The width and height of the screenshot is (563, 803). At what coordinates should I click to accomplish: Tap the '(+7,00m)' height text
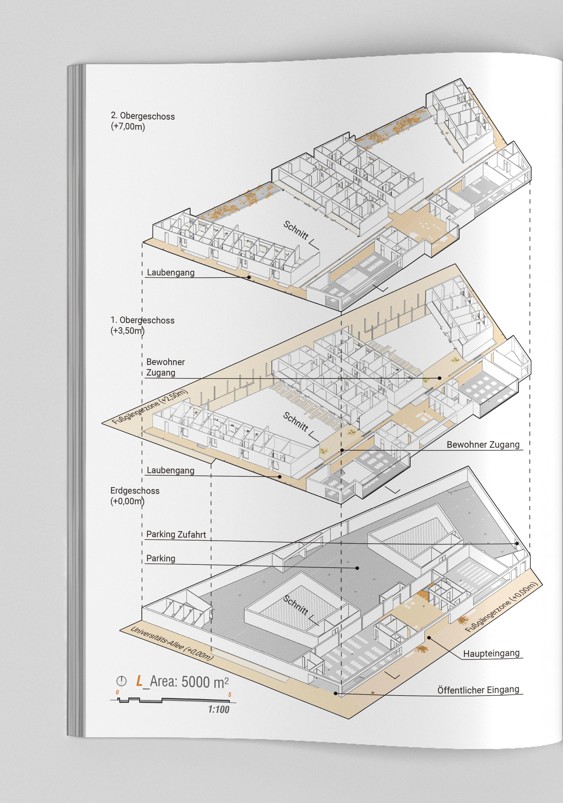(x=128, y=126)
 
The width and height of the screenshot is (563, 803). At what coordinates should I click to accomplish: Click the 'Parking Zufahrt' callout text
(x=176, y=534)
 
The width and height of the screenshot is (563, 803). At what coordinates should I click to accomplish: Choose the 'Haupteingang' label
(x=491, y=653)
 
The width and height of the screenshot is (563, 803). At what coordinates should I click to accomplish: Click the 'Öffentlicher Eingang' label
(x=478, y=690)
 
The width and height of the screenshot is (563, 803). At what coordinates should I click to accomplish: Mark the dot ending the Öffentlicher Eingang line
(x=335, y=693)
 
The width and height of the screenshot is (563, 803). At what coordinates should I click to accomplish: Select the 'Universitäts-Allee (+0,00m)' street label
(x=171, y=643)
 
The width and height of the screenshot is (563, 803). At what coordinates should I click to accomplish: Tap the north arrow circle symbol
(x=121, y=681)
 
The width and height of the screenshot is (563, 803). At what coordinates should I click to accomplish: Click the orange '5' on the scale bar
(x=230, y=694)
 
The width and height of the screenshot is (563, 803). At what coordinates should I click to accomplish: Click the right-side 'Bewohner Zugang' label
(x=483, y=445)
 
